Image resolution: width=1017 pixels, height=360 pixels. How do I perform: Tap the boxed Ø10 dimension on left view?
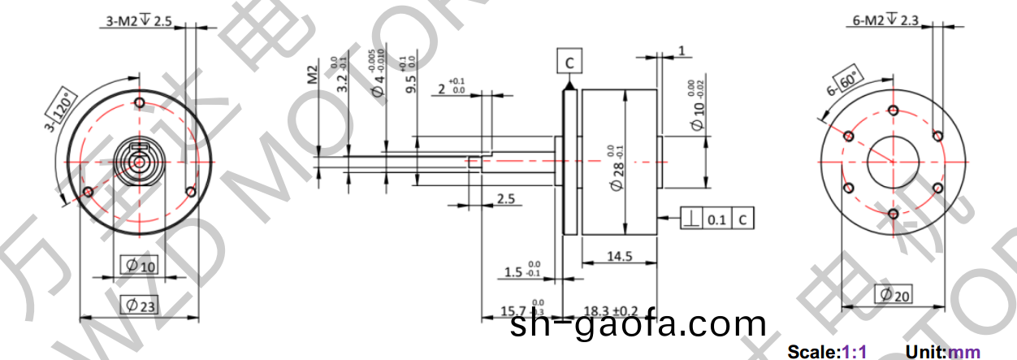[x=140, y=265]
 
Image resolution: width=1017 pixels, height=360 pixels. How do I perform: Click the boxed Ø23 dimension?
[x=140, y=305]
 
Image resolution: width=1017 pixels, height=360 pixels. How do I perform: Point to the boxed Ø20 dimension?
[x=893, y=295]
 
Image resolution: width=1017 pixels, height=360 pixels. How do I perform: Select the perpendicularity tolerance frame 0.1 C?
[x=718, y=219]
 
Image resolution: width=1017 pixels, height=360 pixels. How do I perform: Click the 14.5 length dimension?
[x=619, y=257]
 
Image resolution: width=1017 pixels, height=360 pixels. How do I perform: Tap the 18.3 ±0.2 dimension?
[x=611, y=311]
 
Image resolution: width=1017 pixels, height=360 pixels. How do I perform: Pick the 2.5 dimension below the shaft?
[x=505, y=199]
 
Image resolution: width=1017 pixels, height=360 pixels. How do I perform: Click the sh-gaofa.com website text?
[x=638, y=325]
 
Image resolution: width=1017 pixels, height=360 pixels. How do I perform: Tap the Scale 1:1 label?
[x=827, y=352]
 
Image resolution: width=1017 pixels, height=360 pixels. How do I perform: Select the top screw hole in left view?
[x=140, y=103]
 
